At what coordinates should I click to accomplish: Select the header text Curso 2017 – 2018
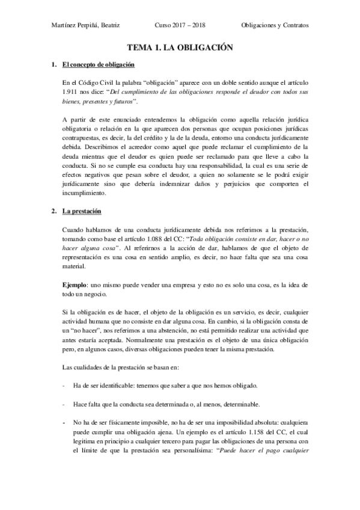179,26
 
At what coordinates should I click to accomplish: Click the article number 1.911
70,93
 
